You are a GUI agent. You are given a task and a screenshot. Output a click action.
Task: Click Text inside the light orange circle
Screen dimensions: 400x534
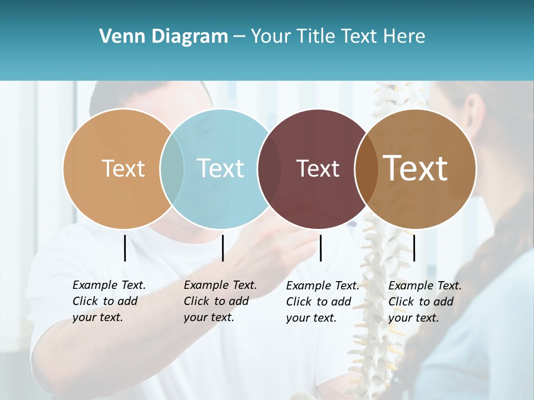coord(123,168)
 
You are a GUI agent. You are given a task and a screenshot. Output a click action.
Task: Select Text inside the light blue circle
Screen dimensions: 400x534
coord(220,168)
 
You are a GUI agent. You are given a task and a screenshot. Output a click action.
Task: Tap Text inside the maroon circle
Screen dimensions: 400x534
coord(318,168)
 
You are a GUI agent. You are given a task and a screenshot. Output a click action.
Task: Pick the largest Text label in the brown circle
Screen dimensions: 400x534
coord(416,168)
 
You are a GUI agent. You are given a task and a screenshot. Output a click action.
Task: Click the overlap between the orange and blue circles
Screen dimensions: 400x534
coord(172,168)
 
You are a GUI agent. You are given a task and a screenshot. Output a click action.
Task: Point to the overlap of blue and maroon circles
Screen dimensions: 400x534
coord(269,168)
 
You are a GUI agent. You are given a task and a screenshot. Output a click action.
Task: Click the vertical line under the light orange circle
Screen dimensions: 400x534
coord(125,248)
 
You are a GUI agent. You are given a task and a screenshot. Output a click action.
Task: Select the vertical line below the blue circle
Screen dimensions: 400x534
coord(222,248)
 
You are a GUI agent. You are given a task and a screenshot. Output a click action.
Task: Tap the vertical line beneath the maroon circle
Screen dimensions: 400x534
coord(320,248)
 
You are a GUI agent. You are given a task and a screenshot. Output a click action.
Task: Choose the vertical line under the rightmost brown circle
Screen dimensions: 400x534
coord(414,248)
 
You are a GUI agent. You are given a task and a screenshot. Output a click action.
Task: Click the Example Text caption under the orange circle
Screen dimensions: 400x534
coord(109,301)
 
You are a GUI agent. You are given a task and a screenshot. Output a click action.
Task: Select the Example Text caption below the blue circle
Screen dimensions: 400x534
coord(220,301)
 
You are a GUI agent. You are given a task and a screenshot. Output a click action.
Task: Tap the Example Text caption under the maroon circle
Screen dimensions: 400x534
coord(323,301)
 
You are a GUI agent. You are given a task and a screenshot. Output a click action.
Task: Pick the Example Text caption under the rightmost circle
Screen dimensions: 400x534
coord(425,301)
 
